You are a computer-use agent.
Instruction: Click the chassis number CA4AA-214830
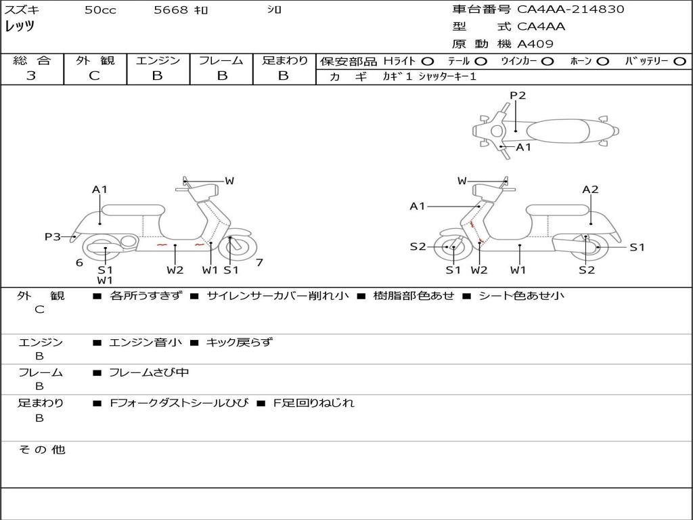[570, 9]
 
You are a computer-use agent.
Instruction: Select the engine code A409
[535, 44]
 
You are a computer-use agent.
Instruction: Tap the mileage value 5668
[171, 9]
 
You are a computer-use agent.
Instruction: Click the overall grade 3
[31, 75]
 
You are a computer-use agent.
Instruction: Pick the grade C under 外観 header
[94, 75]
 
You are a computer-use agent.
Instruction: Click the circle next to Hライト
[428, 61]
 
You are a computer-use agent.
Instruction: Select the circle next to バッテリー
[679, 61]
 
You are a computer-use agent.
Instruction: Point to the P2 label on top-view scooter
[518, 95]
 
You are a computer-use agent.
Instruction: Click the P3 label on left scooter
[53, 236]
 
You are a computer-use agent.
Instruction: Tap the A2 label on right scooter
[590, 190]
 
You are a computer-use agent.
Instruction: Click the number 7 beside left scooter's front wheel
[259, 262]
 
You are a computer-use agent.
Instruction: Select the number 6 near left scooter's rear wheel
[80, 263]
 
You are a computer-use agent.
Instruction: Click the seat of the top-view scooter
[558, 131]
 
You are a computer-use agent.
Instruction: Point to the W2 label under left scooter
[175, 269]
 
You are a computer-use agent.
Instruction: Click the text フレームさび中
[149, 373]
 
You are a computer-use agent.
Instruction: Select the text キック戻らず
[239, 342]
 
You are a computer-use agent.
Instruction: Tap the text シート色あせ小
[522, 295]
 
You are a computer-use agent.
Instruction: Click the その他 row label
[42, 450]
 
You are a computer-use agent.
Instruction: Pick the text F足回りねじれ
[314, 403]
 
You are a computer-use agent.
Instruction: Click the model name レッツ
[20, 26]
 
